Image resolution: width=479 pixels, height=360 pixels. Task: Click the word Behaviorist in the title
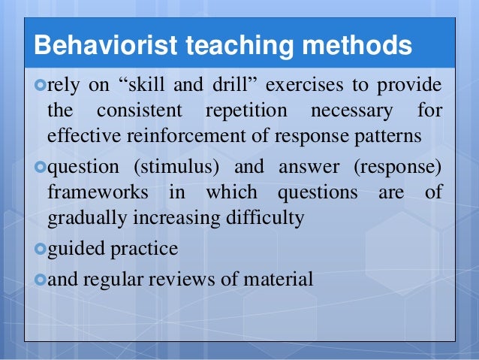97,46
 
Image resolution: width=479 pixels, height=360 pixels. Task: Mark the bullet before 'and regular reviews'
41,280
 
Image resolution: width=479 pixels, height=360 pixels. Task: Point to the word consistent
139,111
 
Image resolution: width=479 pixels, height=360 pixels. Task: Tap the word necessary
356,111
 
